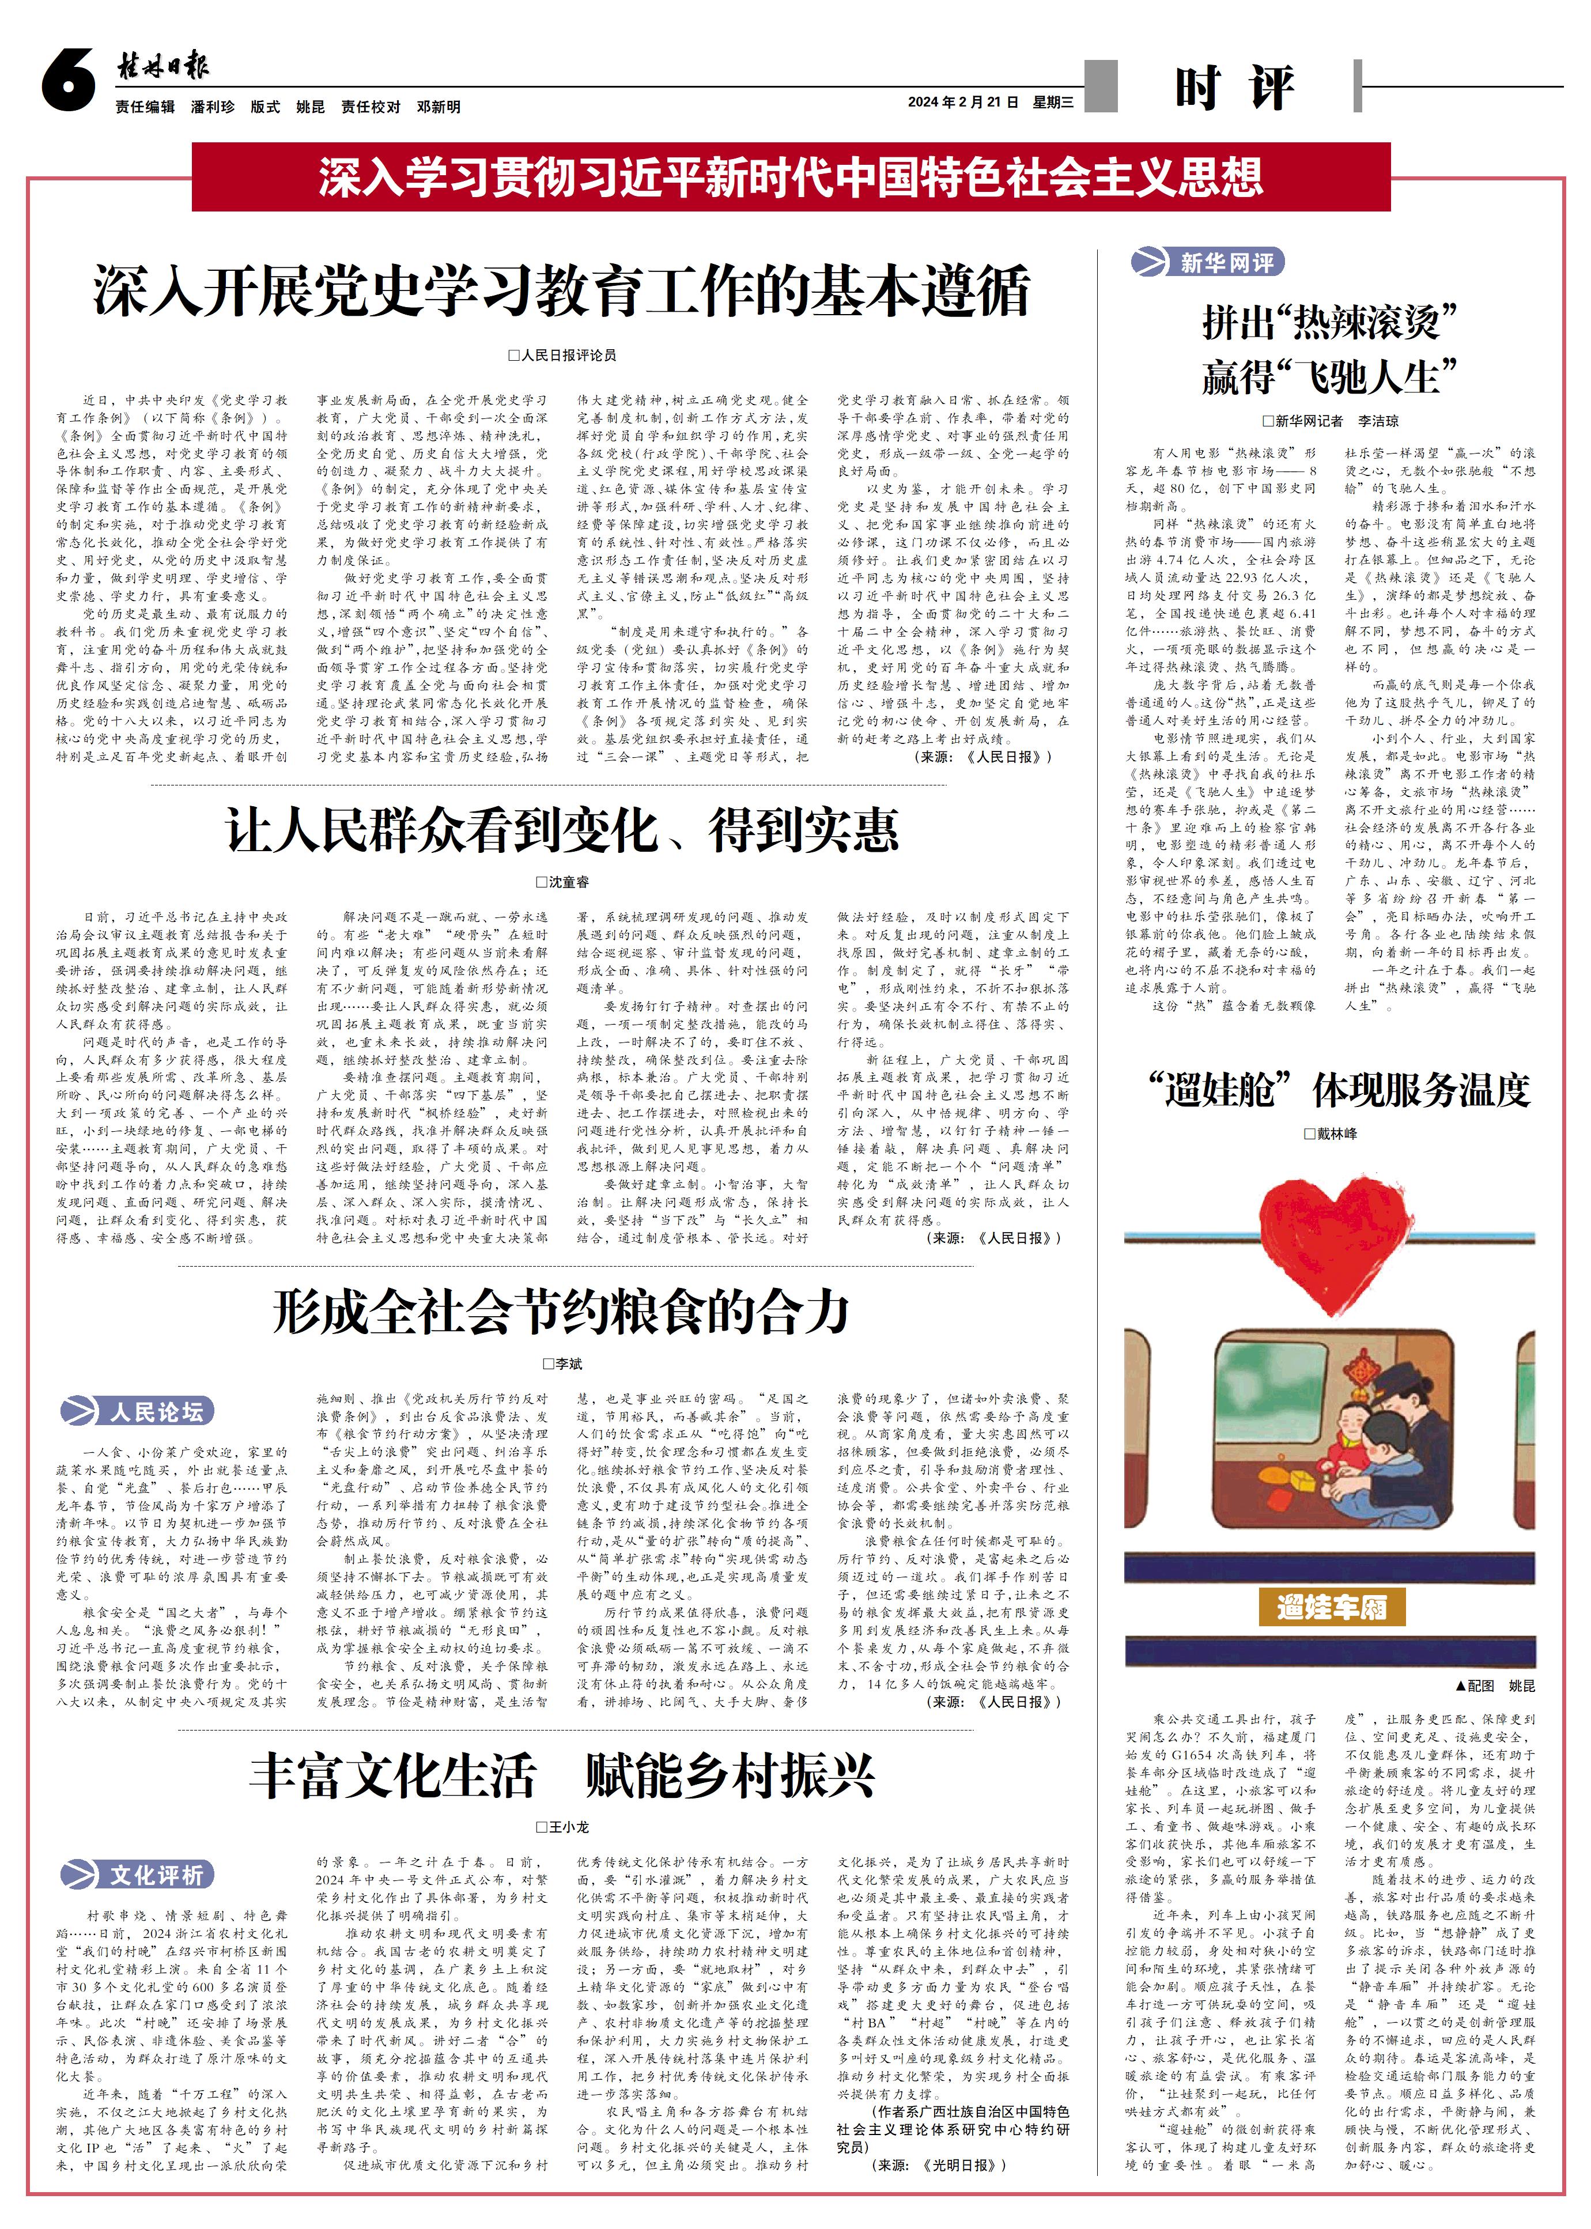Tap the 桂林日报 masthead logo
tap(162, 67)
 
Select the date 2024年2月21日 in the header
tap(963, 102)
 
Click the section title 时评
tap(1234, 88)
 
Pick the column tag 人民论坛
tap(137, 1412)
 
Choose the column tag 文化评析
tap(137, 1875)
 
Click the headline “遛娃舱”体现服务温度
tap(1338, 1090)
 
